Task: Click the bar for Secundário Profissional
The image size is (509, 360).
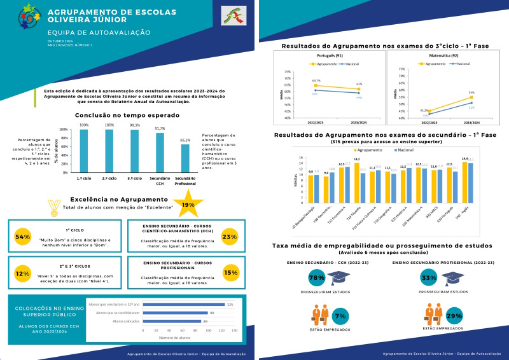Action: point(185,157)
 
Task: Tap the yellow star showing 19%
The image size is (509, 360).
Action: point(188,205)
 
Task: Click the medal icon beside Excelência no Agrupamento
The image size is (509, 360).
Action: point(53,205)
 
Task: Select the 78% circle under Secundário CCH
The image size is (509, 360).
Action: point(316,277)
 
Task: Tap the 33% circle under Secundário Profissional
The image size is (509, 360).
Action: point(429,277)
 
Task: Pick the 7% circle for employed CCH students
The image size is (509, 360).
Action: point(340,315)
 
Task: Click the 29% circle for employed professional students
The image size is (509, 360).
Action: point(454,315)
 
